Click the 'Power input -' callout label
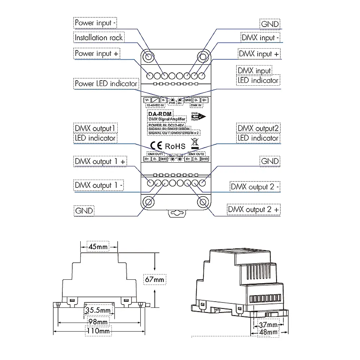tap(95, 23)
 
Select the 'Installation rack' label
tap(99, 37)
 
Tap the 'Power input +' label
tap(97, 53)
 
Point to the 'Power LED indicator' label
tap(106, 84)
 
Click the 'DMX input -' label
tap(260, 38)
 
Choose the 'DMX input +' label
tap(259, 54)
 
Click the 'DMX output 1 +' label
tap(100, 161)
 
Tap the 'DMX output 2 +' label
tap(254, 210)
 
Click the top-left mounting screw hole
tap(148, 57)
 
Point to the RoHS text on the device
tap(175, 146)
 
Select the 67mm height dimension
tap(154, 279)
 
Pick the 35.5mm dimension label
tap(98, 310)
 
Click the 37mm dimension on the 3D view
tap(268, 324)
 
